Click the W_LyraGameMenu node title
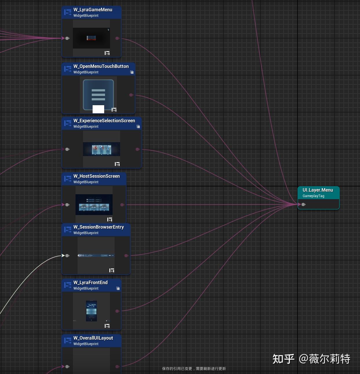click(93, 10)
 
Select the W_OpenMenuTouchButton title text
click(101, 66)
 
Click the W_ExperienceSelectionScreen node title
click(104, 121)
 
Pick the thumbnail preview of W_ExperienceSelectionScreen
click(101, 149)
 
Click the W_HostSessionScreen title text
click(96, 176)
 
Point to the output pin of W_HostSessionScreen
click(122, 205)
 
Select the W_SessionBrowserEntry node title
click(98, 227)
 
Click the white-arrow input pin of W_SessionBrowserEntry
click(67, 255)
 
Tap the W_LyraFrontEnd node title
click(90, 282)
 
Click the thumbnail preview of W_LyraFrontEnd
click(91, 311)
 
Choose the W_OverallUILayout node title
click(93, 338)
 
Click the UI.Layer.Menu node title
click(318, 190)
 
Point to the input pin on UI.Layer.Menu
click(303, 204)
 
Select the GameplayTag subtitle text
click(313, 196)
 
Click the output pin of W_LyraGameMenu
click(117, 38)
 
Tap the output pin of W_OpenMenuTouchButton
click(131, 95)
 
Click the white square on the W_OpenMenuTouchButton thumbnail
click(98, 109)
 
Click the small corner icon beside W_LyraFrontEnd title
click(118, 288)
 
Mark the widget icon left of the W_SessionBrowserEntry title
click(68, 230)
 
